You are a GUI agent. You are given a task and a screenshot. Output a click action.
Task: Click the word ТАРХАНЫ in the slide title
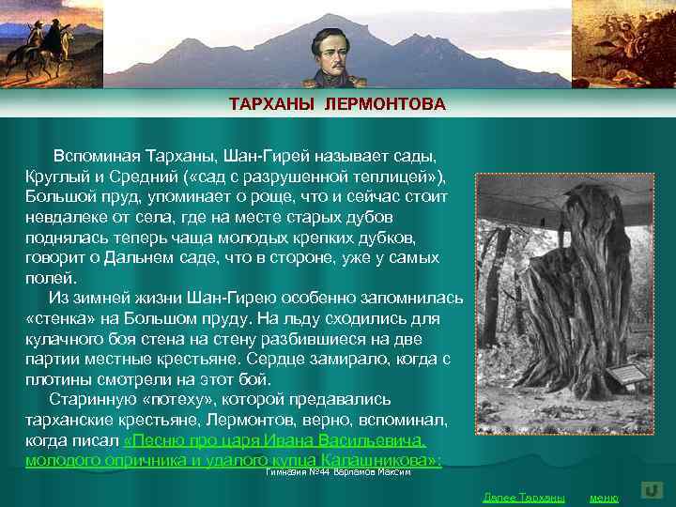click(273, 103)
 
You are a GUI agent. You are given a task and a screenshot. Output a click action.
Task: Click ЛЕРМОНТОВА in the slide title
click(385, 103)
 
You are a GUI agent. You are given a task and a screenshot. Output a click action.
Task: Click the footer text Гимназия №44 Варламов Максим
click(339, 471)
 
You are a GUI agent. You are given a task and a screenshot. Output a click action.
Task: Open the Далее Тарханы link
click(523, 497)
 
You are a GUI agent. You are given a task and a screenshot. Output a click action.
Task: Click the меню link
click(604, 497)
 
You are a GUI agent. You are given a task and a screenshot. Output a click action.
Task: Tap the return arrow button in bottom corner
click(653, 491)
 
